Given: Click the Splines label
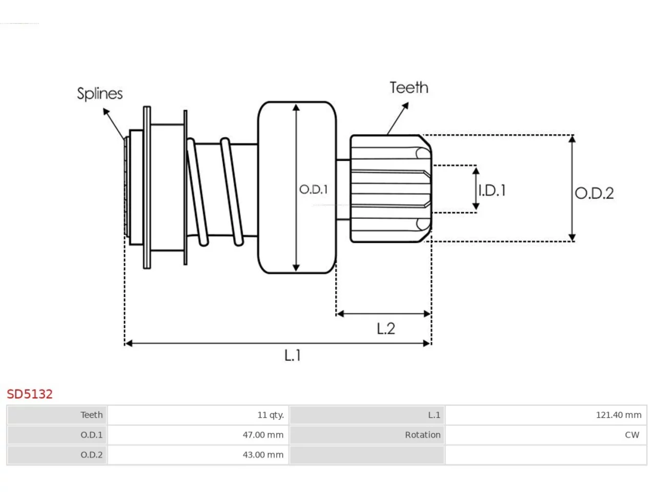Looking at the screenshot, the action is [100, 94].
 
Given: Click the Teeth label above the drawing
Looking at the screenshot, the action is [409, 88].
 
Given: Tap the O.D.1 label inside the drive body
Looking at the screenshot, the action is [314, 190].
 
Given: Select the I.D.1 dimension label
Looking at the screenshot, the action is [492, 191].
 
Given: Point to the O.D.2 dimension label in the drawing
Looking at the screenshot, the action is [594, 193].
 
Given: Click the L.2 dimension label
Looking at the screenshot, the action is [386, 329].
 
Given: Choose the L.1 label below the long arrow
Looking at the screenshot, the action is [292, 355].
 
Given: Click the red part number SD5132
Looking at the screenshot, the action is [30, 394].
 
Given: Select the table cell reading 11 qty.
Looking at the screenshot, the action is [198, 415].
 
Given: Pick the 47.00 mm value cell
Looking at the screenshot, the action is [198, 435].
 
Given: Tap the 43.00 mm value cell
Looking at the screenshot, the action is [198, 455].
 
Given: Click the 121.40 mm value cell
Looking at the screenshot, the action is [546, 415].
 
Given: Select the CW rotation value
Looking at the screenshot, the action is [632, 435].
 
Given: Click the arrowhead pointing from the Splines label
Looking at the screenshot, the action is [106, 111].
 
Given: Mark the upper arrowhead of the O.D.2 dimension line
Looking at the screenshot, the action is [572, 139].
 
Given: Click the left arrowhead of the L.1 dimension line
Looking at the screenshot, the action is [129, 343].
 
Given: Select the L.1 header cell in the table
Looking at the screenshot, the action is [367, 415].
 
